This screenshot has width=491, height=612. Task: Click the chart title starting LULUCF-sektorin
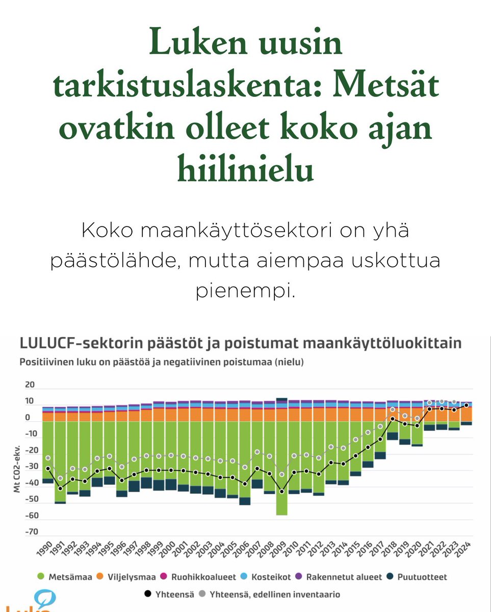240,343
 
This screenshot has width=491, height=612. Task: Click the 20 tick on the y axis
30,385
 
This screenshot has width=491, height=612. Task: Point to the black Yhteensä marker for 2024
467,405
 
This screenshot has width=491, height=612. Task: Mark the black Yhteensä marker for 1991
60,489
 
